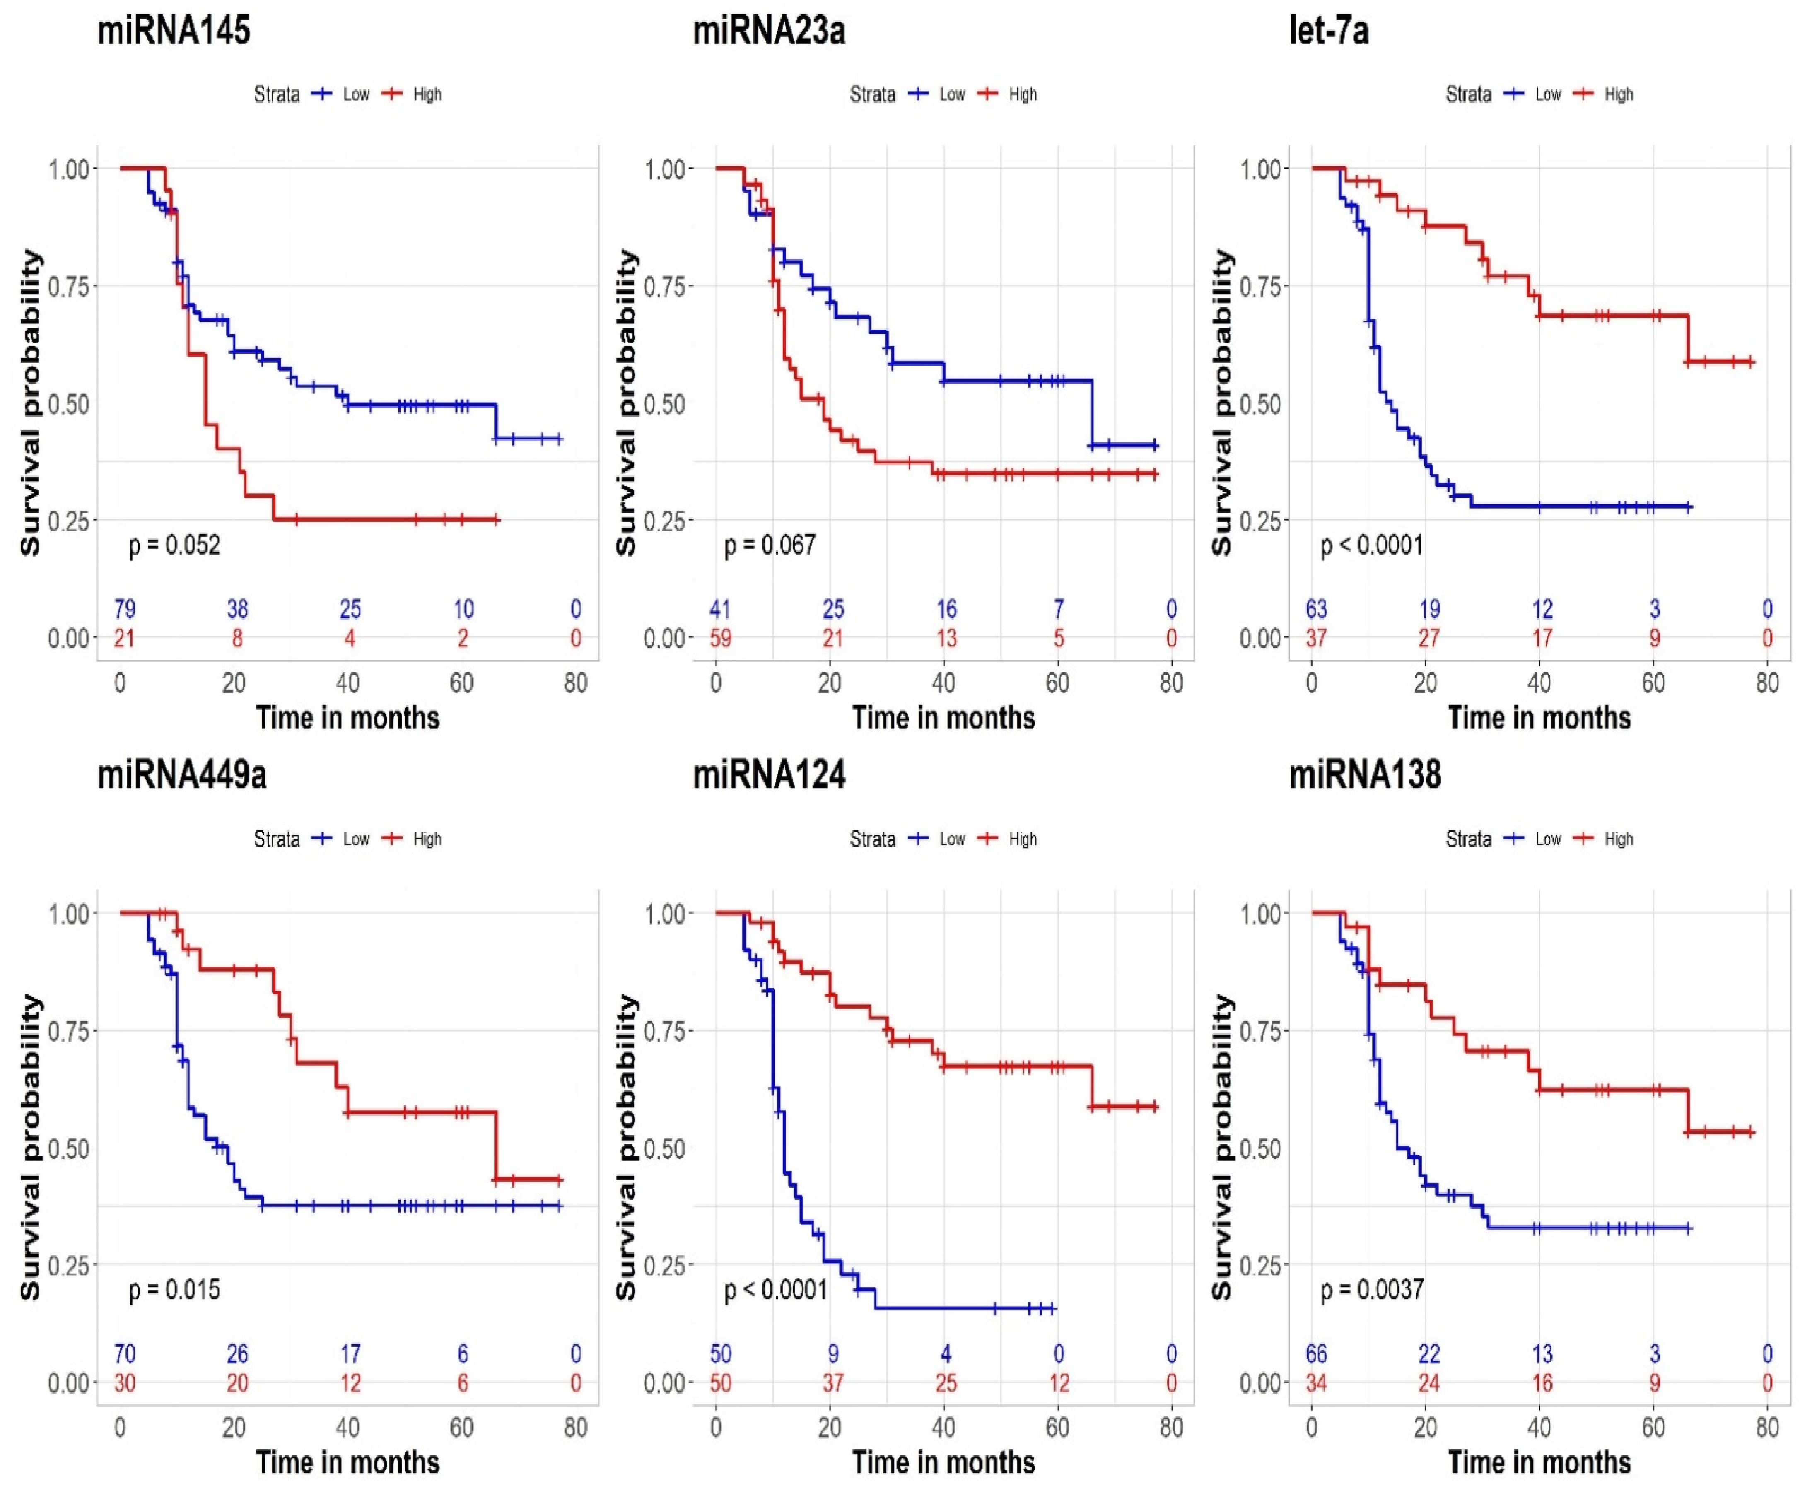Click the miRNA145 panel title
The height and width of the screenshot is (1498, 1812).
coord(174,31)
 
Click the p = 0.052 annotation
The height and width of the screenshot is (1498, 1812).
coord(174,545)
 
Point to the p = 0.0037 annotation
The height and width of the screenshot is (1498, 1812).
coord(1372,1290)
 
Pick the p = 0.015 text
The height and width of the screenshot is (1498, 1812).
coord(174,1290)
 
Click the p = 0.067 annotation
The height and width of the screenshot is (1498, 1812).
coord(770,545)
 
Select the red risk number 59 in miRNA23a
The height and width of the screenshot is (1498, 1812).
coord(721,639)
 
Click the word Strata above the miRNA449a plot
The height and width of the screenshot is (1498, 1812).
coord(277,839)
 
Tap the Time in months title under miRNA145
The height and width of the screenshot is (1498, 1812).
coord(348,718)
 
